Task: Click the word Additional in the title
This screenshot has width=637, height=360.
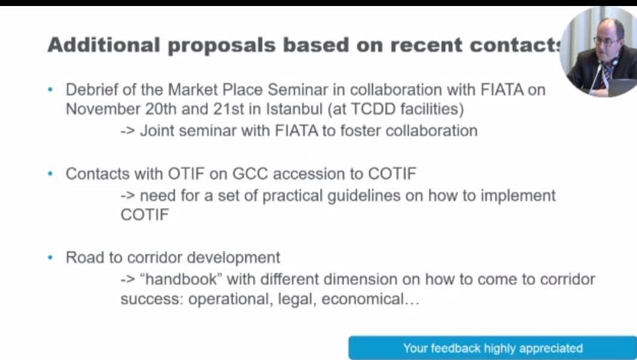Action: tap(104, 45)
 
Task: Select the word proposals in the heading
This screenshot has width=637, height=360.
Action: tap(222, 46)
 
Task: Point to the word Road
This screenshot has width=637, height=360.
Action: tap(84, 257)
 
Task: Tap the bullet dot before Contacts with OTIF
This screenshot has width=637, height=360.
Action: tap(51, 174)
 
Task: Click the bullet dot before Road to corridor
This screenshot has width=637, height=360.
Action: tap(51, 257)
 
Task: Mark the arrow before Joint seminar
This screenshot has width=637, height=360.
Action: tap(128, 131)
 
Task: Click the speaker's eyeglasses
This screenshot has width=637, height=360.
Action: tap(606, 41)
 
